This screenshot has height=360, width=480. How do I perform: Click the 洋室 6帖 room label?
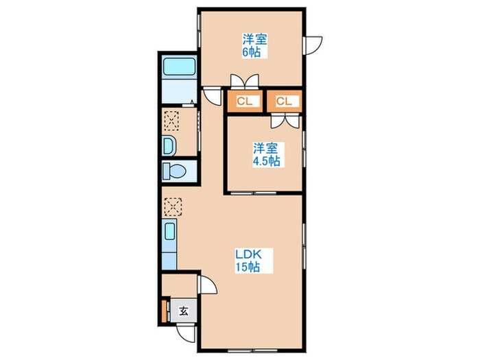[254, 45]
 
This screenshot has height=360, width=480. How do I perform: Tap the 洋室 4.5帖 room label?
[266, 154]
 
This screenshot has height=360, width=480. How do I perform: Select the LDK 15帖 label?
[248, 261]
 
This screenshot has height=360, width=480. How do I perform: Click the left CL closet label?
[245, 101]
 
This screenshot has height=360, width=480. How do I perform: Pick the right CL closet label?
[284, 101]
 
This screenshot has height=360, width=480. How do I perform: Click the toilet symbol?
[174, 171]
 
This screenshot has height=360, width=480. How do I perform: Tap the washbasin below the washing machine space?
[169, 145]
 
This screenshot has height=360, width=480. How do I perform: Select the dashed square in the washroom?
[171, 121]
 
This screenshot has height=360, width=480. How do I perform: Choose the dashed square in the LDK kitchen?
[173, 207]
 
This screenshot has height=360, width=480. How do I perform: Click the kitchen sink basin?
[170, 232]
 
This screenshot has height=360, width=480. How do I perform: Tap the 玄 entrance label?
[183, 311]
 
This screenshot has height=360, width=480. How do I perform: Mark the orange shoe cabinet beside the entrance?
[164, 311]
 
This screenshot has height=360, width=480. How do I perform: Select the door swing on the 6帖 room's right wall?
[313, 45]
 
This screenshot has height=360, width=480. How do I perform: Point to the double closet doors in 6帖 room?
[245, 81]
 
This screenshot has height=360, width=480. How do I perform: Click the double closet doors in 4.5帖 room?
[285, 121]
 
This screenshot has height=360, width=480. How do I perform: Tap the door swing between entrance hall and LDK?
[208, 285]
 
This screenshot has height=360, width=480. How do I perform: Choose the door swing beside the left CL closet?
[212, 96]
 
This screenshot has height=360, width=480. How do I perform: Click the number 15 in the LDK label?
[240, 267]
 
